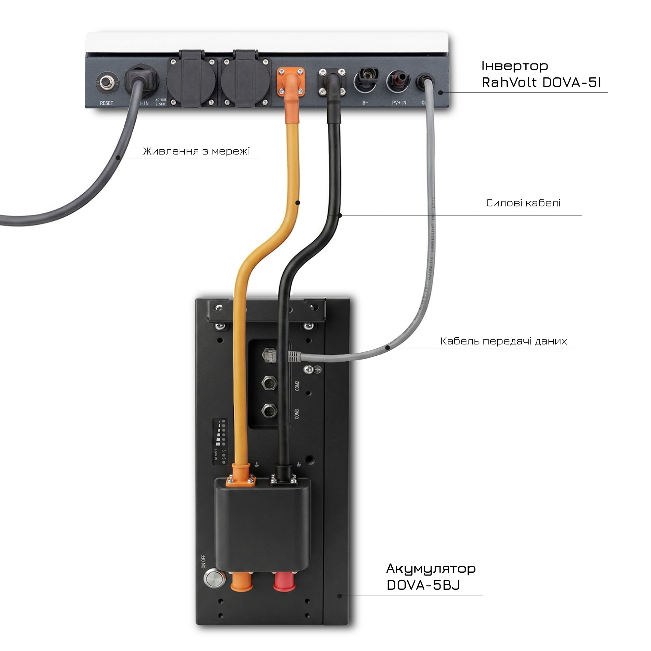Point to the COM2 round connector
coord(269,383)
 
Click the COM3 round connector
coord(269,410)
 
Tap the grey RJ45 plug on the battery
coord(294,357)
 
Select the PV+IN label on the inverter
coord(399,102)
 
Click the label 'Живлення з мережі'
coord(197,151)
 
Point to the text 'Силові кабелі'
coord(523,203)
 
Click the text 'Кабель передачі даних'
coord(504,341)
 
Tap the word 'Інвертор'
coord(514,66)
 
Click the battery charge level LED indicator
coord(221,442)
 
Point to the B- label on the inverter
coord(365,102)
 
